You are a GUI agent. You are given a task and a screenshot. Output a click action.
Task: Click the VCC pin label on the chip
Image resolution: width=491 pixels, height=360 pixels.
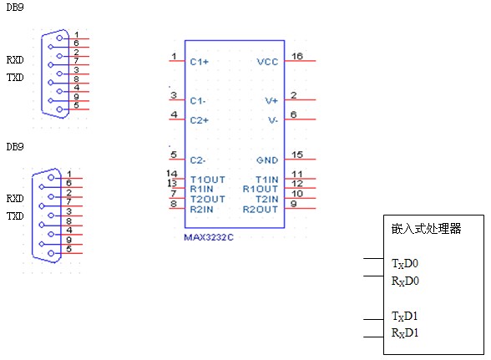[267, 62]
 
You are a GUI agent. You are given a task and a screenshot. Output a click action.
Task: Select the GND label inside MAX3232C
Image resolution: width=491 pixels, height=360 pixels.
[267, 160]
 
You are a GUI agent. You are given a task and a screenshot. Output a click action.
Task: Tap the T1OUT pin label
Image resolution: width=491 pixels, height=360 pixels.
[208, 180]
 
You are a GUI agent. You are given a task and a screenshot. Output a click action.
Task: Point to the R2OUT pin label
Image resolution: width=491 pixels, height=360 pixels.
[261, 210]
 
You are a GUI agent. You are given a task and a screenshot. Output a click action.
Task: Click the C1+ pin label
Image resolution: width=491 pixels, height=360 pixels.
[199, 62]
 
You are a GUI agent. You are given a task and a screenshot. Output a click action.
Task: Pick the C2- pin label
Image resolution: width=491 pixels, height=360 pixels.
[198, 160]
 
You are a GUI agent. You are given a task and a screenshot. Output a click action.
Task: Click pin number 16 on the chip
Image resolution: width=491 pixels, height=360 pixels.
[297, 56]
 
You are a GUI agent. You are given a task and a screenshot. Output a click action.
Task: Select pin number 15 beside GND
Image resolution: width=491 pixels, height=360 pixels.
[297, 155]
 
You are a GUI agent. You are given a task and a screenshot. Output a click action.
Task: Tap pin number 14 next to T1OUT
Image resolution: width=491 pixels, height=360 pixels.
[172, 173]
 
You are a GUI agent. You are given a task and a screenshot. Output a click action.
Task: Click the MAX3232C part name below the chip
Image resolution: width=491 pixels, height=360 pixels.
[209, 237]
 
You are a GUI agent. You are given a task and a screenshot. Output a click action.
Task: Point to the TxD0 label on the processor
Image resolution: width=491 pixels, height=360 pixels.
[405, 264]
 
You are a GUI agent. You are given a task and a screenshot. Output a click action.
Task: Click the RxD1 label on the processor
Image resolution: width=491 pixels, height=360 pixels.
[405, 332]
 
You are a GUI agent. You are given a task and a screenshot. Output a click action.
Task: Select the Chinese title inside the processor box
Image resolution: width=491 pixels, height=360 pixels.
[426, 229]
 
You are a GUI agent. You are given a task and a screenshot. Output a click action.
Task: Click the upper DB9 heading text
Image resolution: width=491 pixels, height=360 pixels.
[15, 8]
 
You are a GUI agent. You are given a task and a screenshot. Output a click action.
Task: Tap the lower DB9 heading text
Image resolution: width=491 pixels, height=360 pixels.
[15, 147]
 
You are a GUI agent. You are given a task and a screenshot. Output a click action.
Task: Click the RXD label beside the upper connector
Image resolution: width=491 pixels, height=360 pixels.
[15, 59]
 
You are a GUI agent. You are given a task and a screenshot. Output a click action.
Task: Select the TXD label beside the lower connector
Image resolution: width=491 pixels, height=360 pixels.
[15, 215]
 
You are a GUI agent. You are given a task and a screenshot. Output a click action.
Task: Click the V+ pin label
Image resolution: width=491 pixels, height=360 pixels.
[271, 101]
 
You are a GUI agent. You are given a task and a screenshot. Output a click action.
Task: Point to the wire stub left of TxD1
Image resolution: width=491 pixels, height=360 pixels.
[373, 320]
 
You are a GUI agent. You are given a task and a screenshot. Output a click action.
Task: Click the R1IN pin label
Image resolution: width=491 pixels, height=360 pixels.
[202, 189]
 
